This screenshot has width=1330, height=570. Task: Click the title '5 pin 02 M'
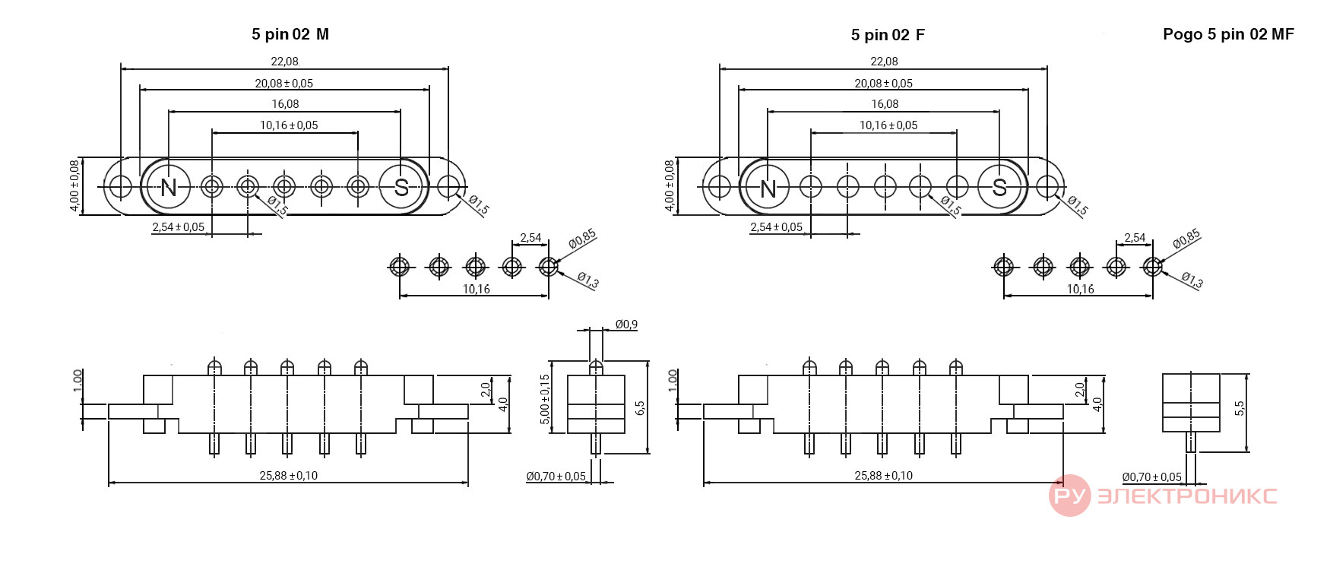point(290,34)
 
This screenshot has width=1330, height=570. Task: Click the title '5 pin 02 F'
point(888,35)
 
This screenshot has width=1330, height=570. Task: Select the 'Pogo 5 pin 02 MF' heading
point(1228,34)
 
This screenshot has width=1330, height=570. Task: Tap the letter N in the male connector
point(169,187)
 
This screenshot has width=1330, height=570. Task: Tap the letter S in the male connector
point(401,187)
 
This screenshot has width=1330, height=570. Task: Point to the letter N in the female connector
point(768,188)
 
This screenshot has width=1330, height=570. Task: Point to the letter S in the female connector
point(999,187)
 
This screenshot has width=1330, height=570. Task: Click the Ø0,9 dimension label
point(626,325)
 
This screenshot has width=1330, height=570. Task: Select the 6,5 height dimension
point(640,408)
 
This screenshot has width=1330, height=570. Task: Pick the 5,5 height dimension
point(1240,408)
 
